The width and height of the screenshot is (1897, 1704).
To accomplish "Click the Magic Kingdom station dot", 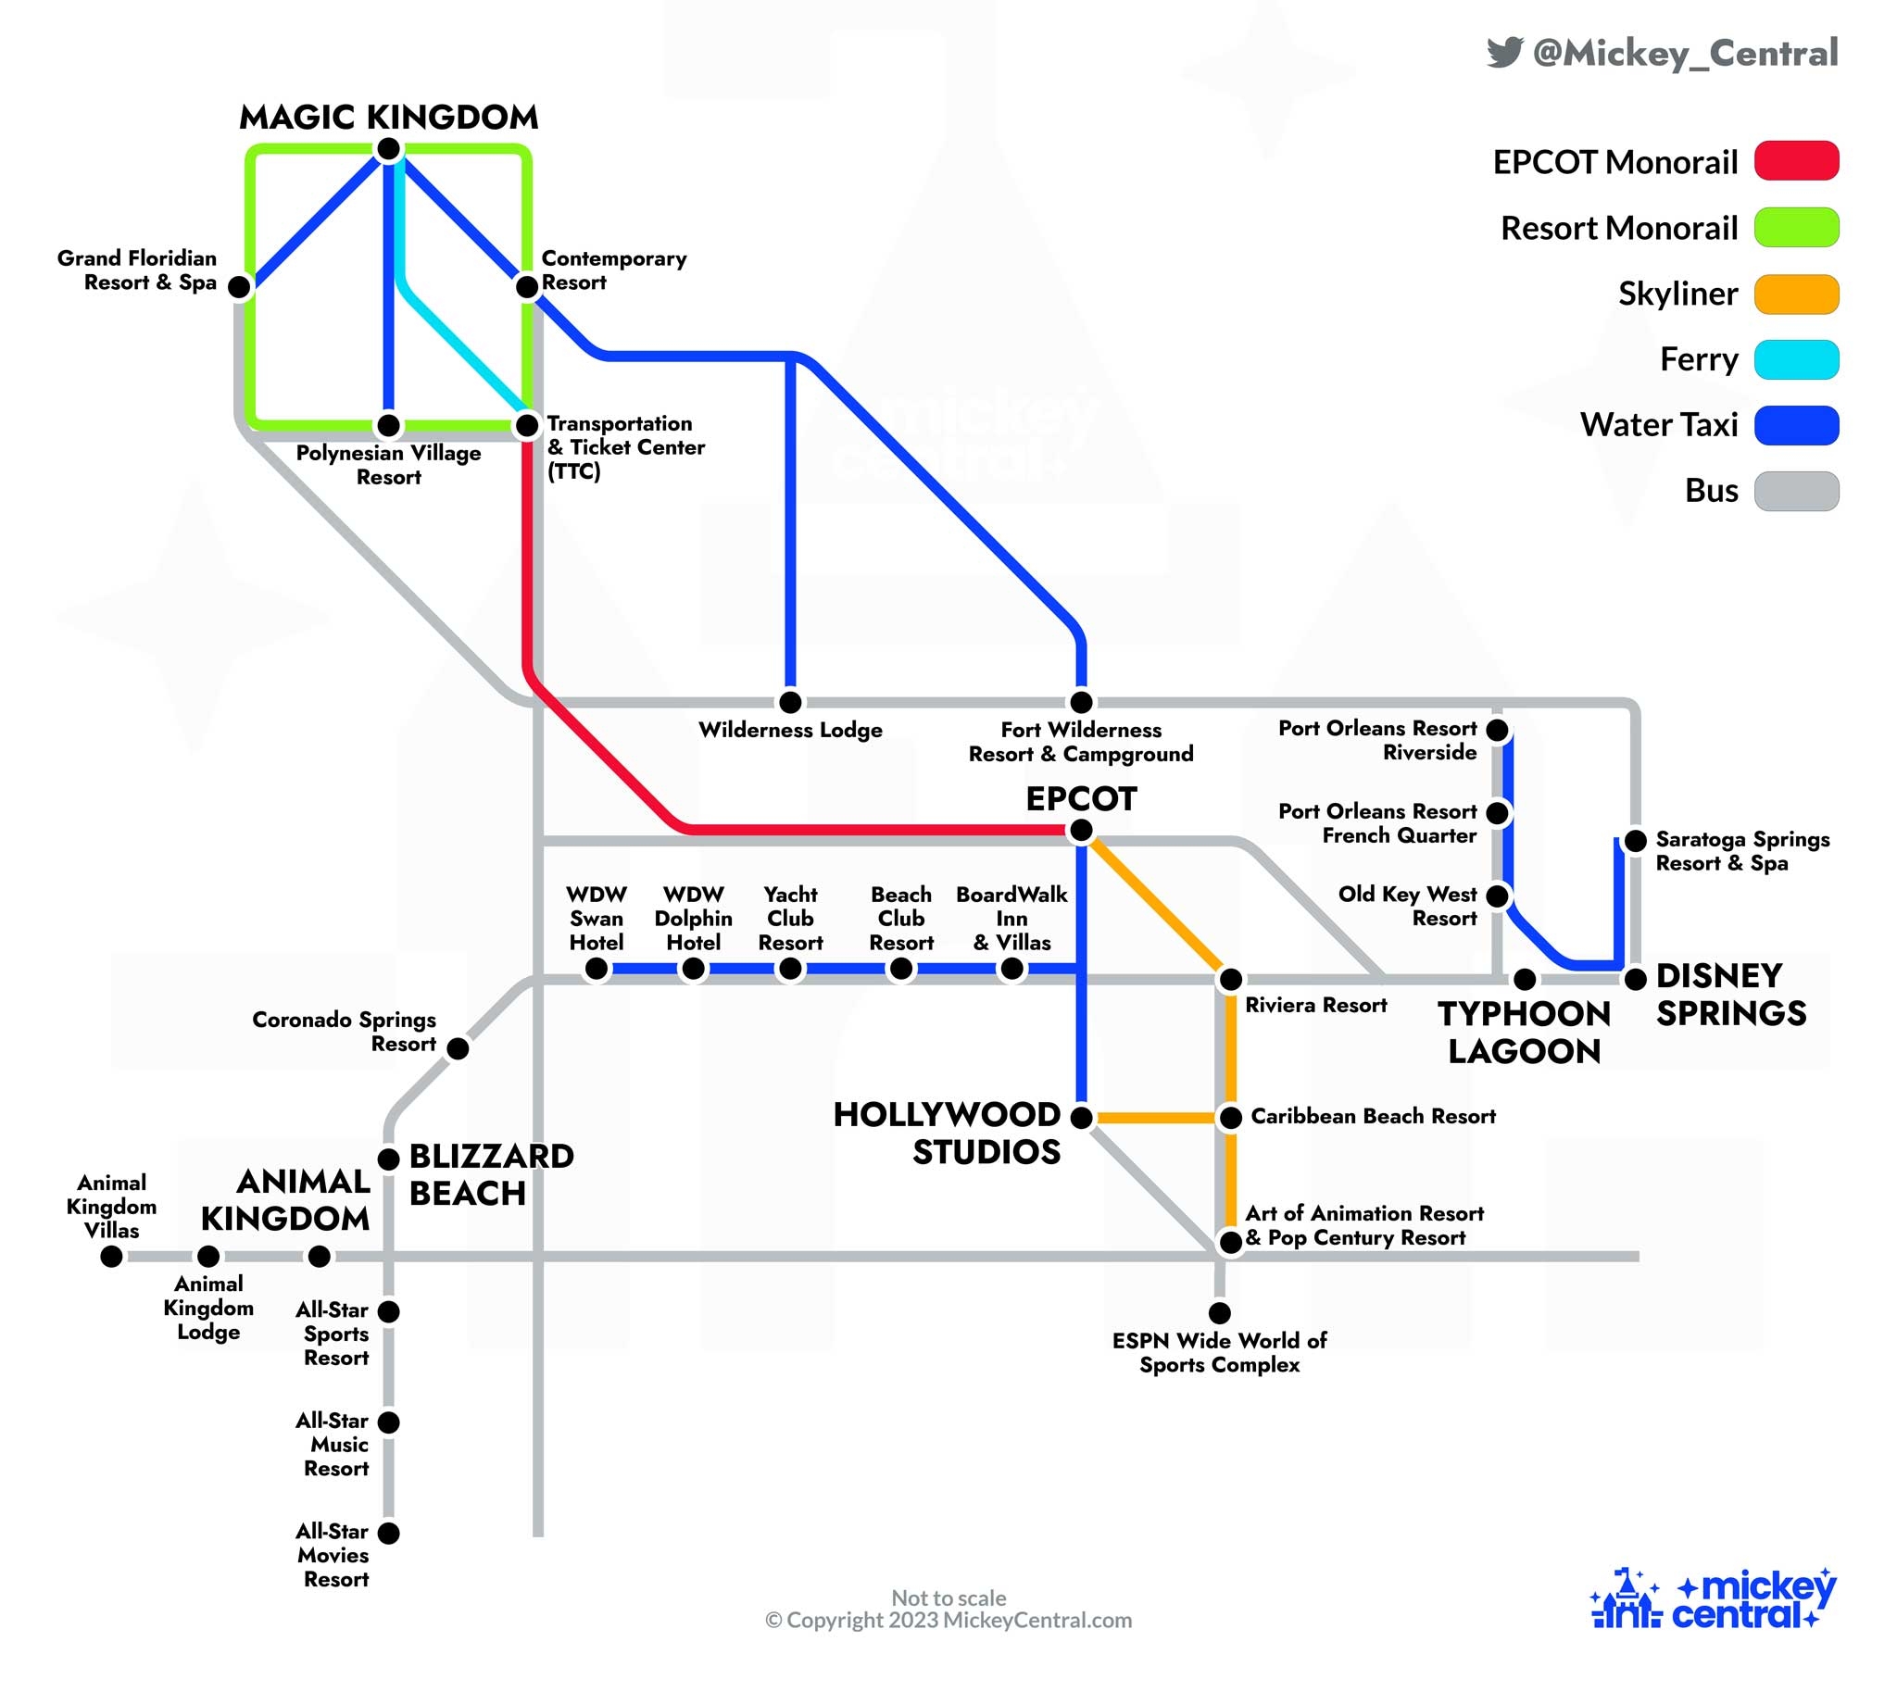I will click(x=389, y=149).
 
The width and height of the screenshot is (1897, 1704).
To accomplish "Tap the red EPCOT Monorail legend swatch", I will click(x=1795, y=161).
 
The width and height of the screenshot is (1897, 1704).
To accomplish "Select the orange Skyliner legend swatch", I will click(x=1795, y=294).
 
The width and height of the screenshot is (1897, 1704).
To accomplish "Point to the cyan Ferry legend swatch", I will click(x=1795, y=359).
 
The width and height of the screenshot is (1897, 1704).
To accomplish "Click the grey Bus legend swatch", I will click(x=1795, y=492).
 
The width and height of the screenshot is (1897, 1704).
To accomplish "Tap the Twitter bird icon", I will click(x=1503, y=52).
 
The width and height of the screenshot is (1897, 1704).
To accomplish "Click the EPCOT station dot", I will click(x=1081, y=830).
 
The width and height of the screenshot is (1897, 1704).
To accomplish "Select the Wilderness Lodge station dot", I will click(x=790, y=701).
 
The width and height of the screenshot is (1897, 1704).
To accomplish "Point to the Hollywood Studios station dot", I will click(x=1081, y=1116).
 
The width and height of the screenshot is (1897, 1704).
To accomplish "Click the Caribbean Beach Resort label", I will click(x=1373, y=1116).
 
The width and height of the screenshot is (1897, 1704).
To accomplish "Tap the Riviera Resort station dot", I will click(x=1230, y=979).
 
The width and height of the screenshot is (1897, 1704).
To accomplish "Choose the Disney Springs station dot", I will click(x=1635, y=979).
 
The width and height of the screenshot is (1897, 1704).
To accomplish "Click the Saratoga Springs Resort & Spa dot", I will click(x=1635, y=841).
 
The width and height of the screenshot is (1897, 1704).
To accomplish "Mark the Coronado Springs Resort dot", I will click(x=458, y=1048).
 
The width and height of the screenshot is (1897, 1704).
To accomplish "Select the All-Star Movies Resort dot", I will click(x=389, y=1533).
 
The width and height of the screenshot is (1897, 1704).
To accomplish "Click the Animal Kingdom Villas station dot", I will click(x=111, y=1257).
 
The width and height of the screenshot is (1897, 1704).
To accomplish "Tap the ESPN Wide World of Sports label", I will click(x=1219, y=1352).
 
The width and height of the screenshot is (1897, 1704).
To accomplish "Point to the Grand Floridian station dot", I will click(x=240, y=286).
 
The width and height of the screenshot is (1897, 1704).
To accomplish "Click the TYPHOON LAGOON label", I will click(x=1524, y=1032).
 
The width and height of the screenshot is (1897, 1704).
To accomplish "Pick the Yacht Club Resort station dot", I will click(x=790, y=970).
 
